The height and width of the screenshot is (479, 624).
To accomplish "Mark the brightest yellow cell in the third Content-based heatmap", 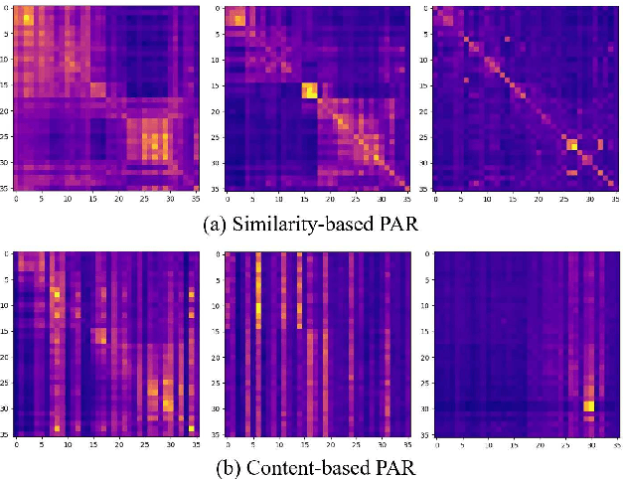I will pyautogui.click(x=589, y=405).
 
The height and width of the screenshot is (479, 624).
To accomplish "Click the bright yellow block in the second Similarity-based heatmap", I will pyautogui.click(x=310, y=91).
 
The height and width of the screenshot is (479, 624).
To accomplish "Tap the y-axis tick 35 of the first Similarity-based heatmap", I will pyautogui.click(x=6, y=187).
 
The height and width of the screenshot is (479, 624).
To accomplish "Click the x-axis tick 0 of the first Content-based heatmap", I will pyautogui.click(x=17, y=444).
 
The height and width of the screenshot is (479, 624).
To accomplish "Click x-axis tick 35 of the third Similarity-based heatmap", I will pyautogui.click(x=614, y=198).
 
